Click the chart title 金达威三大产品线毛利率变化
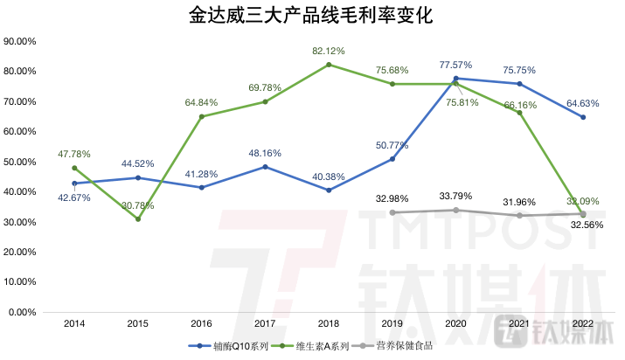pyautogui.click(x=312, y=16)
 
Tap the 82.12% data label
pyautogui.click(x=328, y=52)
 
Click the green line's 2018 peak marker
pyautogui.click(x=329, y=65)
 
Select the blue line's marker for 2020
pyautogui.click(x=455, y=79)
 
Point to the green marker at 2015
pyautogui.click(x=138, y=219)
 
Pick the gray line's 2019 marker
pyautogui.click(x=392, y=212)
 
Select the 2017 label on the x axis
pyautogui.click(x=265, y=323)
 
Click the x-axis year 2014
pyautogui.click(x=74, y=323)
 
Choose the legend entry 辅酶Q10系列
pyautogui.click(x=230, y=346)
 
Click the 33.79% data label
pyautogui.click(x=455, y=196)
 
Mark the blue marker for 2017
pyautogui.click(x=265, y=167)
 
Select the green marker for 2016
pyautogui.click(x=202, y=116)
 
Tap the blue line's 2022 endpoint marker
pyautogui.click(x=582, y=117)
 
